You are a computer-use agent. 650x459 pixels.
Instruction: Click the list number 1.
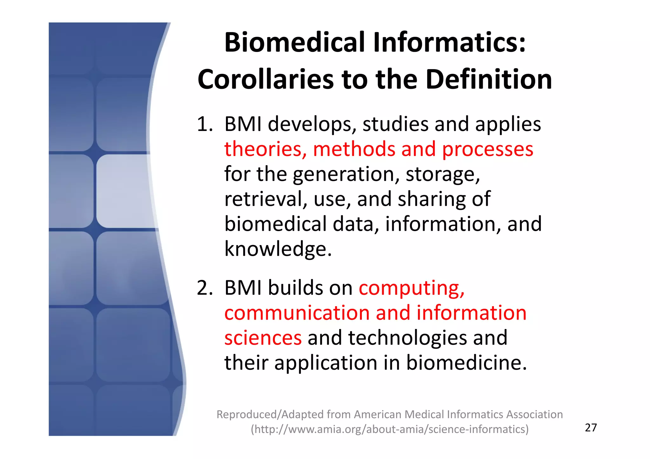(204, 124)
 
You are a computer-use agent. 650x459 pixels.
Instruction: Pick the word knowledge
(278, 249)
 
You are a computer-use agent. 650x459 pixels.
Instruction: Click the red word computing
(411, 288)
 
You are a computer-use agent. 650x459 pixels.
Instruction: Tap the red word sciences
(263, 338)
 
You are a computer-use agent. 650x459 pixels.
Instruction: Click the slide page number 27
(591, 428)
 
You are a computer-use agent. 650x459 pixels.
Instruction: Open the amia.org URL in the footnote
(390, 429)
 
